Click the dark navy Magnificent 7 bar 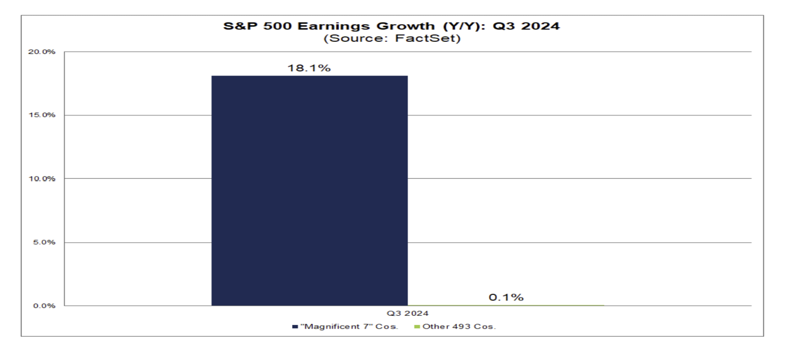[309, 190]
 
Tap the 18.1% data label [309, 68]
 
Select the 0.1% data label [505, 298]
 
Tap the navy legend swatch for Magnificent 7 [295, 327]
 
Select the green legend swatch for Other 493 [417, 327]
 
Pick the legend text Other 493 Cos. [459, 327]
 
